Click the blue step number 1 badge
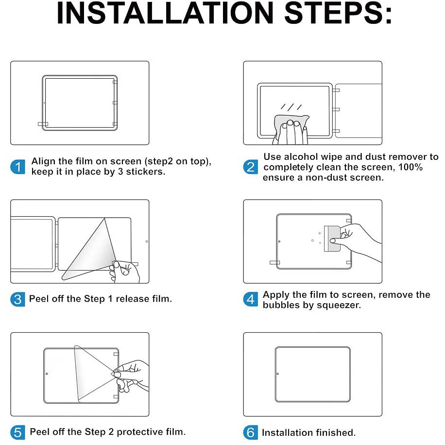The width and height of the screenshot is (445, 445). point(17,167)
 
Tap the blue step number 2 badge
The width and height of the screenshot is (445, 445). point(251,167)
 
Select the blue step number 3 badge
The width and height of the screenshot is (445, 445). point(17,299)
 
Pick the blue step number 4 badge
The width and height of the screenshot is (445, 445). point(251,299)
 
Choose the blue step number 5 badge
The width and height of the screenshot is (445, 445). point(17,432)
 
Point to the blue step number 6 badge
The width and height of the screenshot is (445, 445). point(251,432)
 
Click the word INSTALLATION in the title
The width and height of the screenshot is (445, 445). point(165,13)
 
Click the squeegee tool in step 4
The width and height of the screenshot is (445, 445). point(332,239)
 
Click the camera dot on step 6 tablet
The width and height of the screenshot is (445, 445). point(278,374)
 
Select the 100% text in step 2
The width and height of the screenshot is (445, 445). point(411,167)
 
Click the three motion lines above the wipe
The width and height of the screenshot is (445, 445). point(291,107)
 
